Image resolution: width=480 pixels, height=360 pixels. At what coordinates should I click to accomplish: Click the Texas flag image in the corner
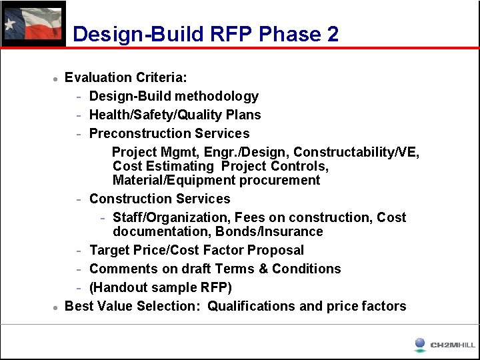pyautogui.click(x=33, y=23)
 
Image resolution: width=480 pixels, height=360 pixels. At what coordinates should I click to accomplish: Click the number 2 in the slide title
pyautogui.click(x=332, y=34)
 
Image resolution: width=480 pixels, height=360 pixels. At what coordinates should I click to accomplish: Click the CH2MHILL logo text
pyautogui.click(x=453, y=345)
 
